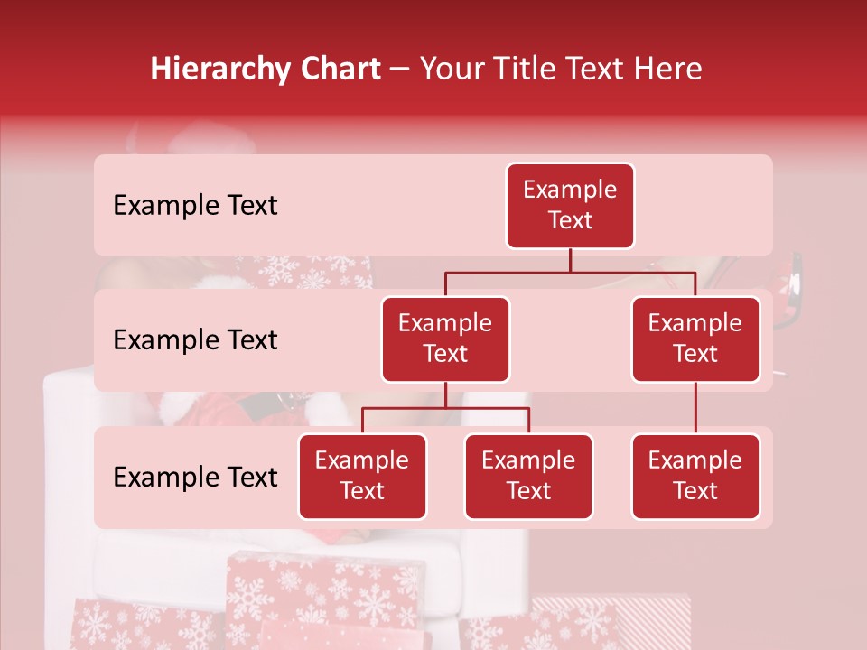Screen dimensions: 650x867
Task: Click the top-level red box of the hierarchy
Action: point(570,206)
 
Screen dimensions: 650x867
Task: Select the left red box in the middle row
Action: point(445,339)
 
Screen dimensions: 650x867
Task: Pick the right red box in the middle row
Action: point(695,339)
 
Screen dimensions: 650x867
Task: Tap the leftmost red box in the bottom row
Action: point(362,477)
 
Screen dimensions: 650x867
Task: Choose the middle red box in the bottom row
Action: point(528,477)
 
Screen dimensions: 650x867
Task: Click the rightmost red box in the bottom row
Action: point(695,477)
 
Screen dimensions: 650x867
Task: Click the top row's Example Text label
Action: point(195,206)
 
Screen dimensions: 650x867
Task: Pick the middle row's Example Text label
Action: point(195,340)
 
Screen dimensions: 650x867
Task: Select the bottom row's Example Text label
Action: point(195,477)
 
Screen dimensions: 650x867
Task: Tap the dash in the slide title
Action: point(400,70)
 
